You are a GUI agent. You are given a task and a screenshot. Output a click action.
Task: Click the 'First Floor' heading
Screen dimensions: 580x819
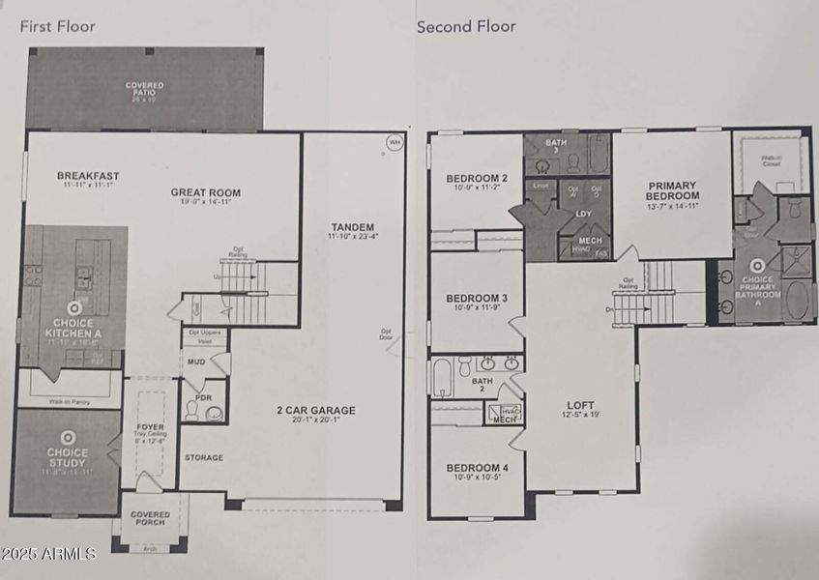click(57, 26)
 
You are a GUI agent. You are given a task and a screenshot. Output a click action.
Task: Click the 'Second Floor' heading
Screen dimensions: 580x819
click(466, 26)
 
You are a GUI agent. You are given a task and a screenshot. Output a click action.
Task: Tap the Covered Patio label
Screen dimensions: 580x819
click(144, 90)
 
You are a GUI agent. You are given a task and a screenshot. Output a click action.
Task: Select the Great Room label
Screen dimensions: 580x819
click(205, 192)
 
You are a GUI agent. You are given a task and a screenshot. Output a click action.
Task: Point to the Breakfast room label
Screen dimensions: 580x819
click(88, 176)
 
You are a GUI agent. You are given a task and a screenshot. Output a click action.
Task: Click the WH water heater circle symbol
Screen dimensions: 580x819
click(394, 142)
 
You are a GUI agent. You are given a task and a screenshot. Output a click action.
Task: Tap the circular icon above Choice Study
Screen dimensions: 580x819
click(68, 437)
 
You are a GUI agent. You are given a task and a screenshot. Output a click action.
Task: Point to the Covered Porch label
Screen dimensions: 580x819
click(150, 518)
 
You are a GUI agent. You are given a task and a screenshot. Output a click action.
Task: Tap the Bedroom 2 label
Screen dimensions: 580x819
click(477, 178)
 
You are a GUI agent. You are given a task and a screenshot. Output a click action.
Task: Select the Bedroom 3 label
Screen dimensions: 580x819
click(477, 298)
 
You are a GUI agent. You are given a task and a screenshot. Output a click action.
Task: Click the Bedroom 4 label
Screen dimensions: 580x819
click(477, 469)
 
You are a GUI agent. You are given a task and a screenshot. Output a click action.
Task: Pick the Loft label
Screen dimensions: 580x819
click(581, 405)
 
